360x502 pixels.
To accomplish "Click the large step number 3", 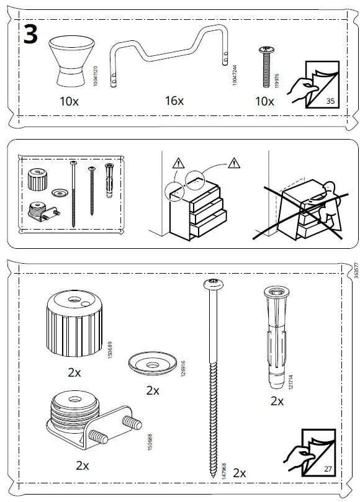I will click(30, 35).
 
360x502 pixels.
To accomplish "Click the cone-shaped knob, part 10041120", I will click(70, 60).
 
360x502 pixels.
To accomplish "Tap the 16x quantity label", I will click(174, 101).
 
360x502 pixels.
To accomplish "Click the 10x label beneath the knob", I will click(70, 101).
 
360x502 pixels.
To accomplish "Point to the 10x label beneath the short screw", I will click(265, 101).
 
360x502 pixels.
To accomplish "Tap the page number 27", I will click(328, 468).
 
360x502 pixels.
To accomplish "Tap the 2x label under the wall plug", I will click(277, 401).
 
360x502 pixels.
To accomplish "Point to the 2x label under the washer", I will click(153, 390).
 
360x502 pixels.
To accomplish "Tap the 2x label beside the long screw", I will click(240, 473).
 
